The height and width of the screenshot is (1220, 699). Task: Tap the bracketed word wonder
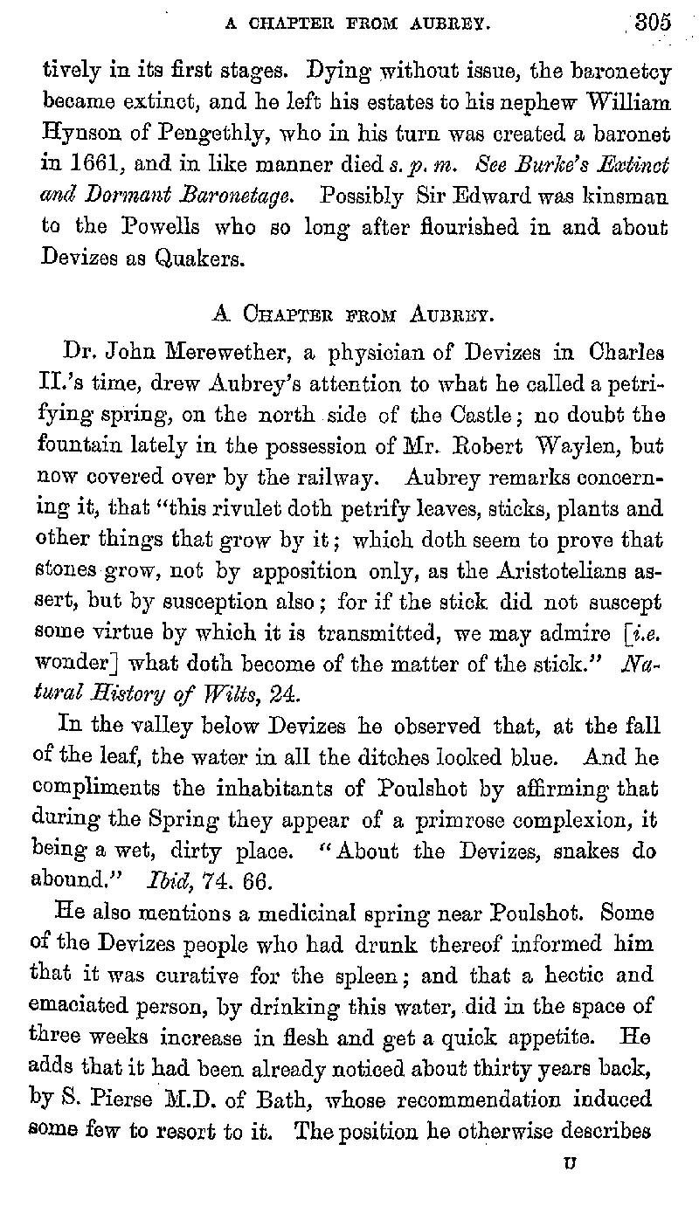(x=74, y=665)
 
